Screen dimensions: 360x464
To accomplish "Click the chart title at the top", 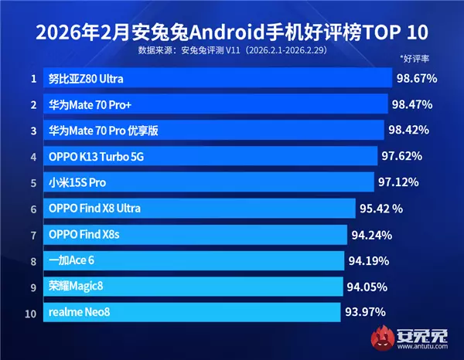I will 231,33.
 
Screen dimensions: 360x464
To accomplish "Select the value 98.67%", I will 416,79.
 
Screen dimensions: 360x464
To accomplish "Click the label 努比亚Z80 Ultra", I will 86,79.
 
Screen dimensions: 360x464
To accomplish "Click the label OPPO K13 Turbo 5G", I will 97,156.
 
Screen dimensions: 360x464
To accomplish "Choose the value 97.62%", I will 402,156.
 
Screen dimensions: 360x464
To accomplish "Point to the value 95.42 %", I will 381,209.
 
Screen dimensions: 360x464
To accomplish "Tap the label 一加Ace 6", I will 72,260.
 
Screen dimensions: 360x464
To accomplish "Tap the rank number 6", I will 33,209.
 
